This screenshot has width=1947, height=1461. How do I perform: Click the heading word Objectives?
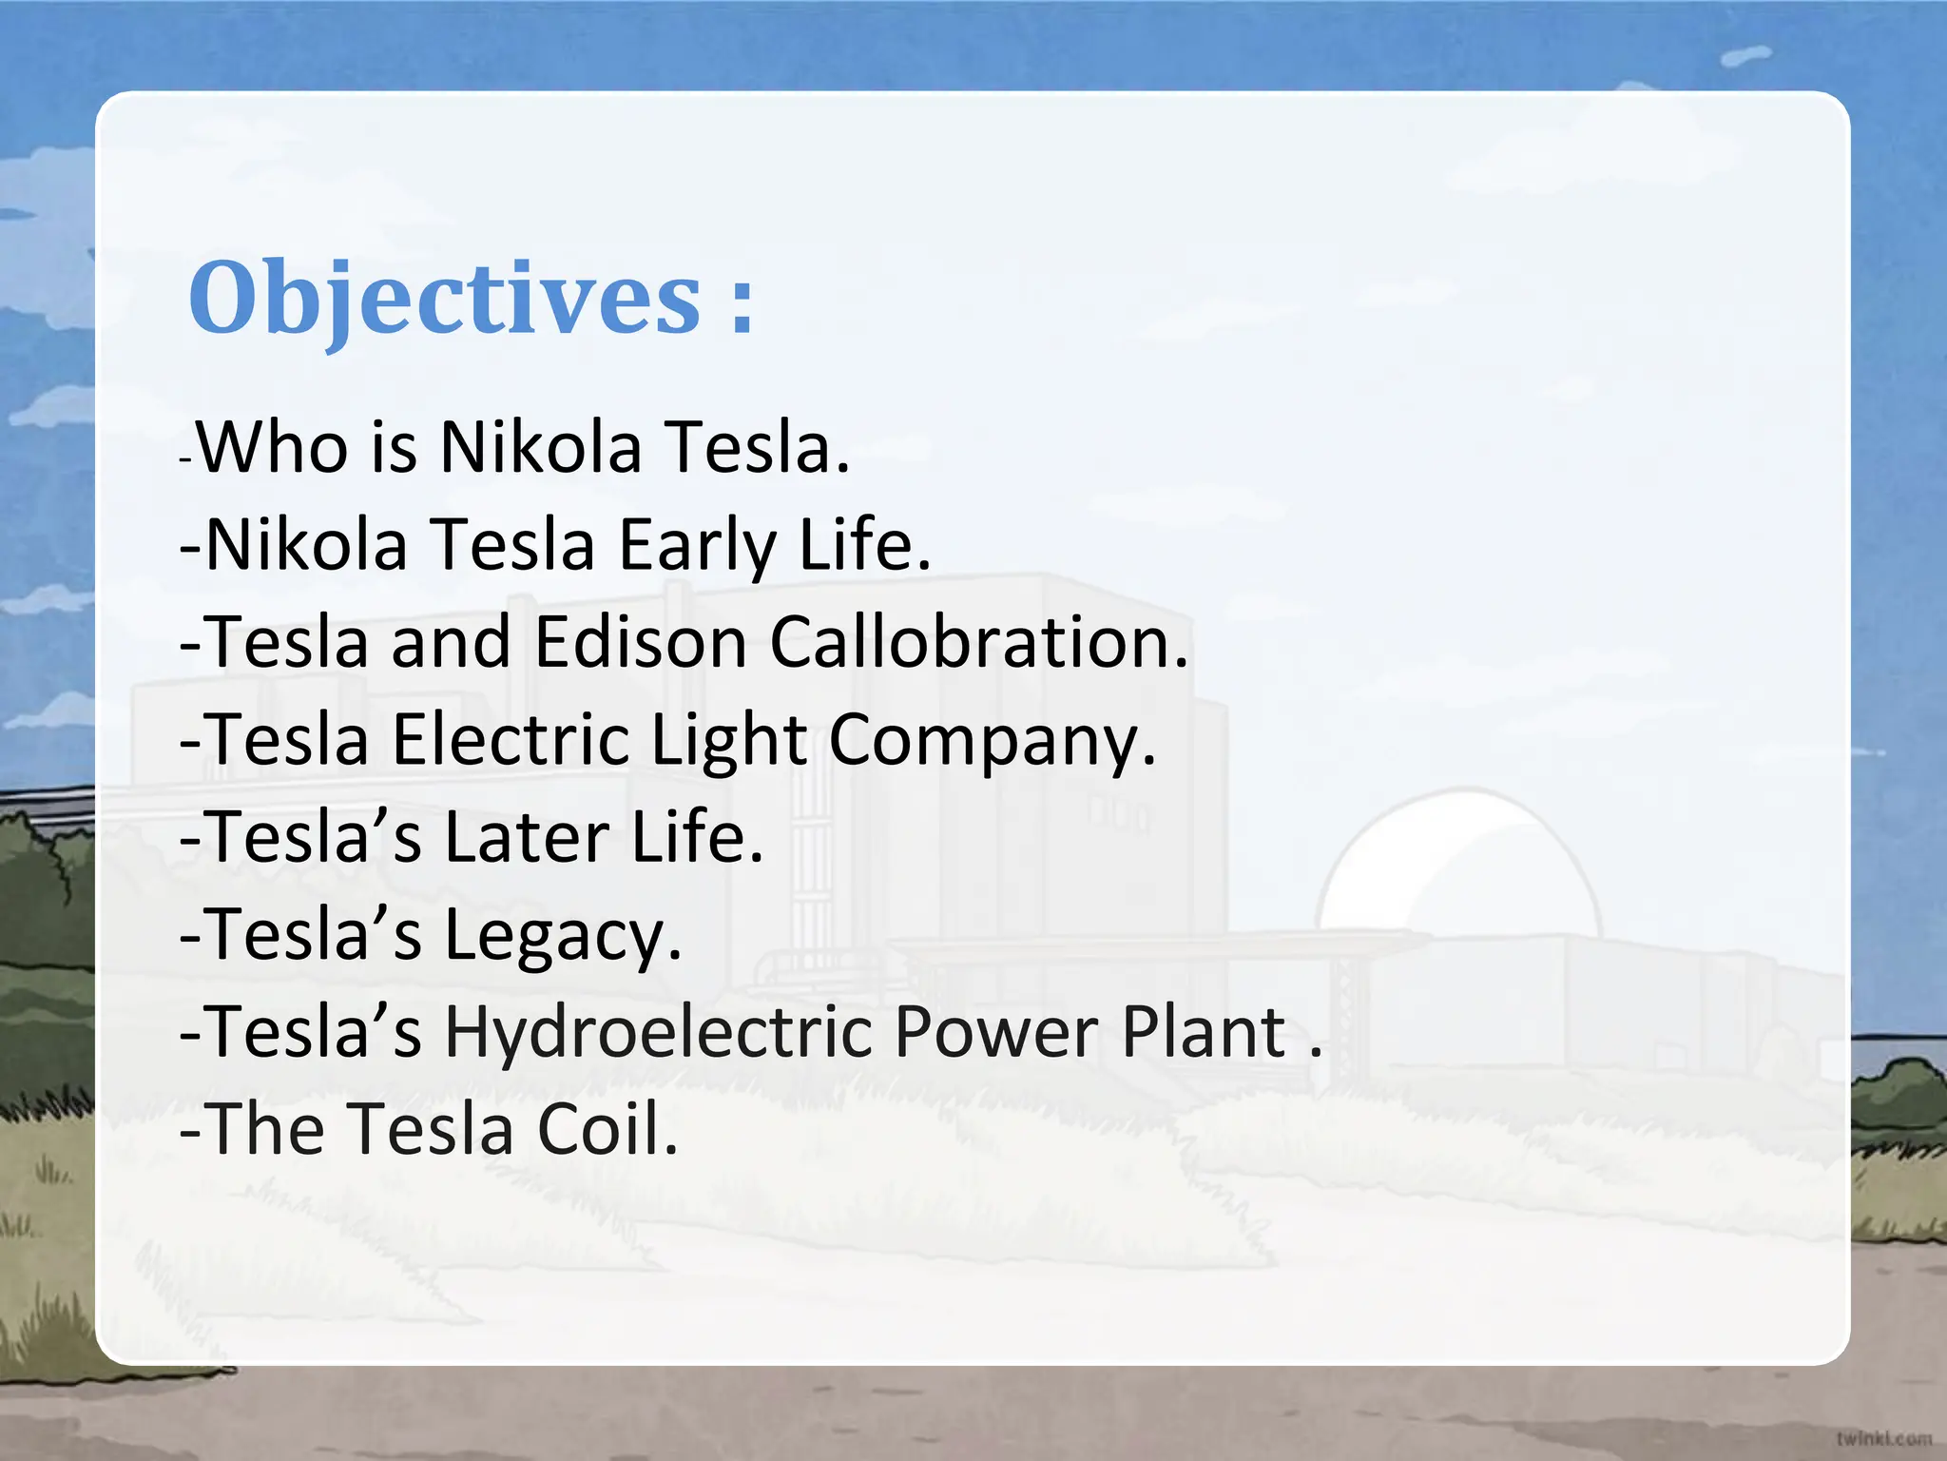(445, 300)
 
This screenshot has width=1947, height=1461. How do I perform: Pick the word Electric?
(511, 740)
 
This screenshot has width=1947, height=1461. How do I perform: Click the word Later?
(527, 838)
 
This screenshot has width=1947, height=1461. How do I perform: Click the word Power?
(995, 1033)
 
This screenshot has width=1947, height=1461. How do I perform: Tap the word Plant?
(1204, 1033)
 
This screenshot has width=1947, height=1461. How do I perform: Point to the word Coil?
(607, 1130)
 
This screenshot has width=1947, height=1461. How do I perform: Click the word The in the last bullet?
(265, 1130)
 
